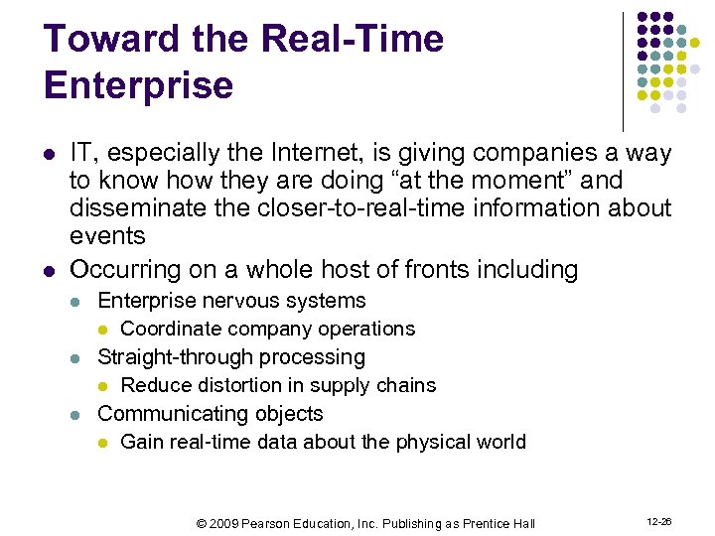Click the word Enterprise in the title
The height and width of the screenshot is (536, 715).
[x=139, y=85]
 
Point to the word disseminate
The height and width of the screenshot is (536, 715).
[x=131, y=208]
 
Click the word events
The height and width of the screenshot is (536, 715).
[x=107, y=236]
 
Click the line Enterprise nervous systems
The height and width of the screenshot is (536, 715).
[x=231, y=301]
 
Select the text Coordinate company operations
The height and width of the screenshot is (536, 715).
[x=267, y=329]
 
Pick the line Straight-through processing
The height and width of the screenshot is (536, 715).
[x=231, y=357]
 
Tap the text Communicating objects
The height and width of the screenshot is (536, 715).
[x=211, y=414]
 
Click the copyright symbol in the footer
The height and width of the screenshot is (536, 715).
[x=203, y=523]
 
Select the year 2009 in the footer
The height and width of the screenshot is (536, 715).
[x=224, y=523]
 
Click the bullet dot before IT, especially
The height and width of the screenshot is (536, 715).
[x=49, y=154]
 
